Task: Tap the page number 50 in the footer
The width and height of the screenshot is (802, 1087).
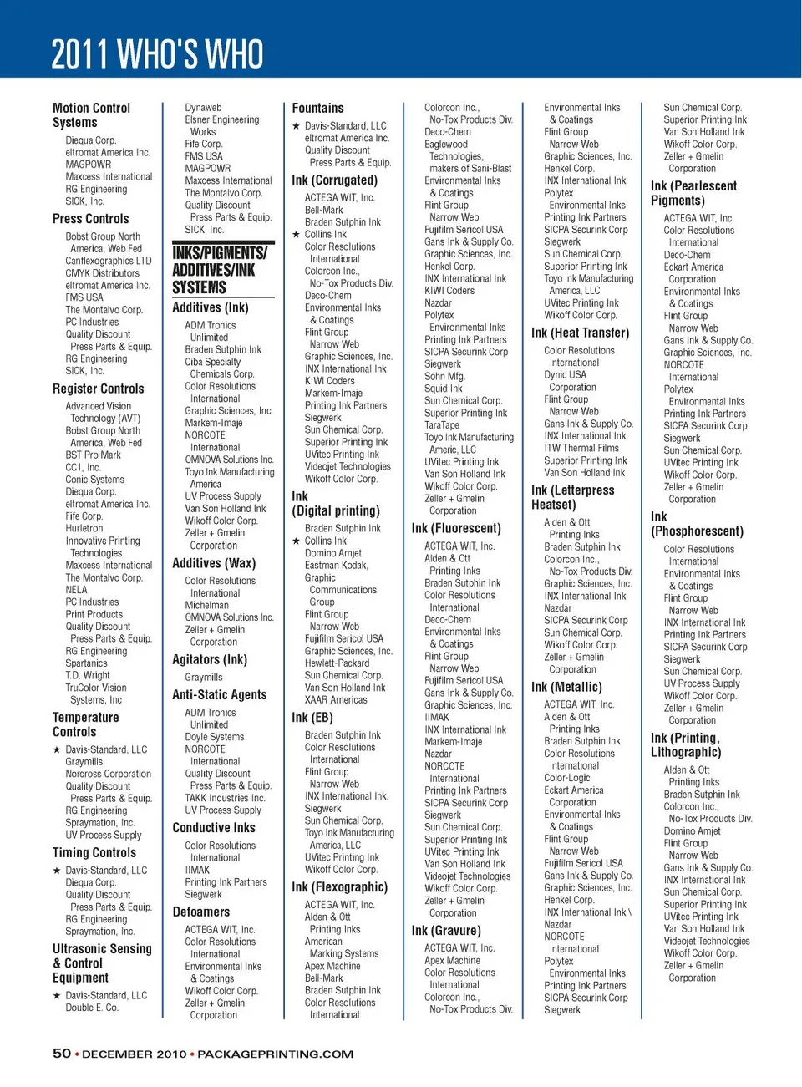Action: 62,1054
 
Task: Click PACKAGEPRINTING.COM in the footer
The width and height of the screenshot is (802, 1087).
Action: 275,1054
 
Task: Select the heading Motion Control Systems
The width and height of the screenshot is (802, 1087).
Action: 91,115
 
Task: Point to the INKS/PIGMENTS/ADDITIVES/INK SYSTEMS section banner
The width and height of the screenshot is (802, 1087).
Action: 220,270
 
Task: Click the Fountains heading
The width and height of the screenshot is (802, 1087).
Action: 317,109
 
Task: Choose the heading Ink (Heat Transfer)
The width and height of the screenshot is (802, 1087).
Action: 580,333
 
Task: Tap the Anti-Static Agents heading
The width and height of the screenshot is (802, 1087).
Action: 220,695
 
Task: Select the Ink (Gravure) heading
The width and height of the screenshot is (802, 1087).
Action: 445,931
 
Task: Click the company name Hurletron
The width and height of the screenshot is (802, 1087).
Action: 84,529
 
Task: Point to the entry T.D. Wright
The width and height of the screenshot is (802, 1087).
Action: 88,676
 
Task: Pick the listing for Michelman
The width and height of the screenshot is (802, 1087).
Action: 206,605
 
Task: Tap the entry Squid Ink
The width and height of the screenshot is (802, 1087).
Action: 443,389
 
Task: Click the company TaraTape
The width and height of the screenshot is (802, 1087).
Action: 442,425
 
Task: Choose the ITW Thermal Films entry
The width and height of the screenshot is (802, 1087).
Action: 581,449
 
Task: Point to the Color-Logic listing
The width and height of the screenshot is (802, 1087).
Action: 567,778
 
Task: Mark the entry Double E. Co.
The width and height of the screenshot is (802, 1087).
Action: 92,1008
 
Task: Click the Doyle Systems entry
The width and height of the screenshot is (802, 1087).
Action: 215,738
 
